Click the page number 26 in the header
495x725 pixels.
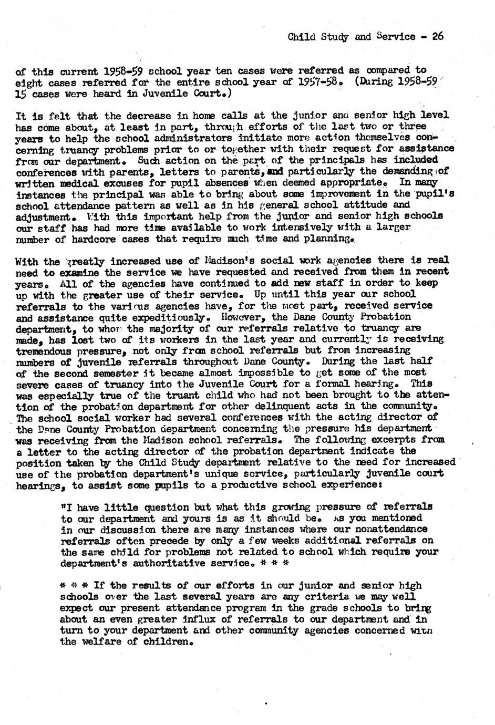[438, 36]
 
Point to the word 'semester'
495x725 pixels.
[107, 373]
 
